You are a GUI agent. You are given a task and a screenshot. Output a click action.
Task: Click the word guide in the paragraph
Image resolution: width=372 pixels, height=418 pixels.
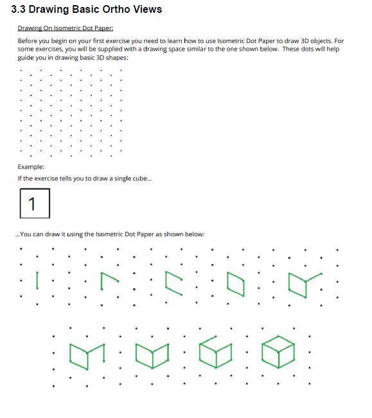[26, 57]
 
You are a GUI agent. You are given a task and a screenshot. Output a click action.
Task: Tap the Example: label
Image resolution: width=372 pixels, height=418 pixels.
[31, 166]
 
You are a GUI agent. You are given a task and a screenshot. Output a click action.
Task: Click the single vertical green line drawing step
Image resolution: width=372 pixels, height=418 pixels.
[37, 280]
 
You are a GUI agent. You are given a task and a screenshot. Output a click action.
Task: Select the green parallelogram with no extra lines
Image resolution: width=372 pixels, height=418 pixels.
[236, 284]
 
